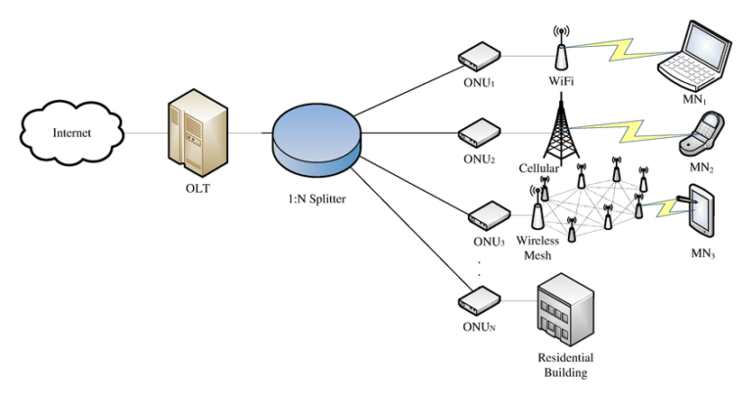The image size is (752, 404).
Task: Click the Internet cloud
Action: (70, 132)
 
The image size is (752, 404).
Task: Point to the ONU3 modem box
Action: (486, 214)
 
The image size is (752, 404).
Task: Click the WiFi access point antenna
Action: (561, 50)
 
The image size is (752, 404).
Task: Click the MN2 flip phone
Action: (701, 133)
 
